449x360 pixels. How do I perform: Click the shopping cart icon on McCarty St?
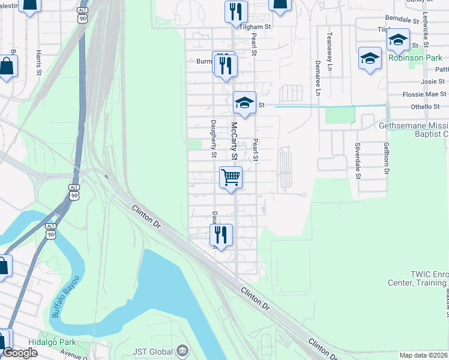point(231,178)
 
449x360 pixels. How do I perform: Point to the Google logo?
point(20,353)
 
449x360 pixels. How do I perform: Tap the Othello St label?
point(425,107)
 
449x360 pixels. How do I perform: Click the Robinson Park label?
point(415,58)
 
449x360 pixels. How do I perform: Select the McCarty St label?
point(235,140)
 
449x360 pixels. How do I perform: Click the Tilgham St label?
point(256,27)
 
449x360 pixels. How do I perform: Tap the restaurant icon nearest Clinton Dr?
point(221,235)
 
